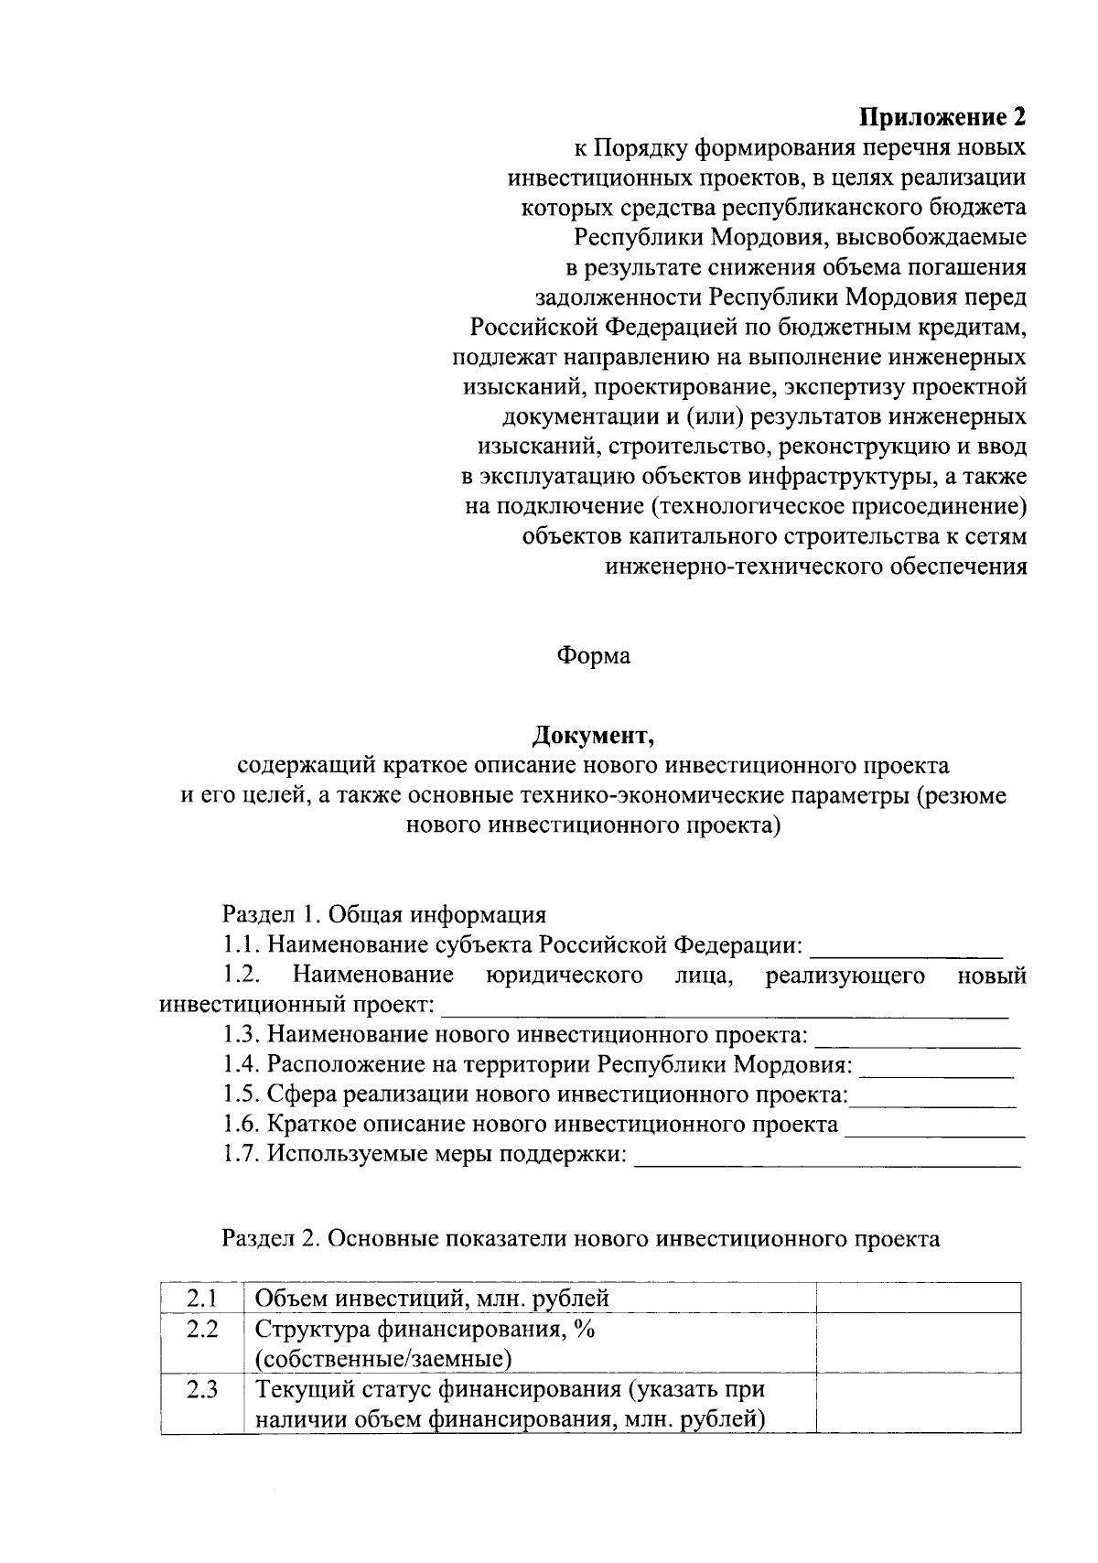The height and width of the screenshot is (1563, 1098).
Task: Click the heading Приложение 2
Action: (942, 117)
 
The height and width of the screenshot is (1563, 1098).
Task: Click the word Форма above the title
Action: (593, 656)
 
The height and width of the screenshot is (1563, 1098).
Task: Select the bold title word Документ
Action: (593, 735)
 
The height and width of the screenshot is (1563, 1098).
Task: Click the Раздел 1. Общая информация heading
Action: (384, 914)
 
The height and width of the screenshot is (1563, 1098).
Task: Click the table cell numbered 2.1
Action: (201, 1298)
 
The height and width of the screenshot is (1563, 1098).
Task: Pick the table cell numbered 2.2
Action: (201, 1330)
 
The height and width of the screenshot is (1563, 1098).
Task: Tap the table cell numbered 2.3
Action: (201, 1390)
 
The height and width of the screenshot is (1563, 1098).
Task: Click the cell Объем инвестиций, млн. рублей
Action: (432, 1298)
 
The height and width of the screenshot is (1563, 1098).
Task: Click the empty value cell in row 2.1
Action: (918, 1298)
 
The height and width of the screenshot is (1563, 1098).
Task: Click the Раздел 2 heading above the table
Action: (581, 1238)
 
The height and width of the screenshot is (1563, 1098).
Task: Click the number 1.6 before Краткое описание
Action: (242, 1124)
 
